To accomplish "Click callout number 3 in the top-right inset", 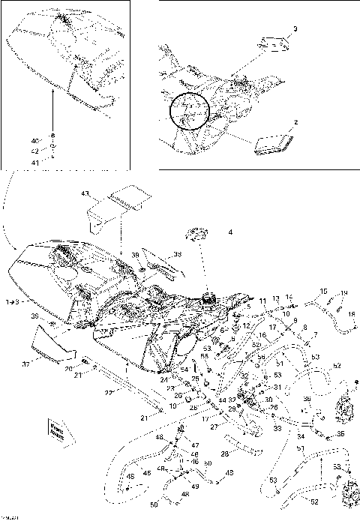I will [295, 28].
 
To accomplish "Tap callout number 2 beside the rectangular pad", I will [296, 121].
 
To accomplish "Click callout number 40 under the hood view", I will [33, 141].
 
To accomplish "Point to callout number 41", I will [33, 162].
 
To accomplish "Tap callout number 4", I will [230, 233].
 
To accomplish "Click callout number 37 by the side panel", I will [25, 365].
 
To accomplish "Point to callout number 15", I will [324, 291].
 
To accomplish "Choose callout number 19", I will [344, 293].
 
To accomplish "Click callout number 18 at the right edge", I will [351, 315].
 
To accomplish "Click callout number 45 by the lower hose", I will [147, 472].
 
